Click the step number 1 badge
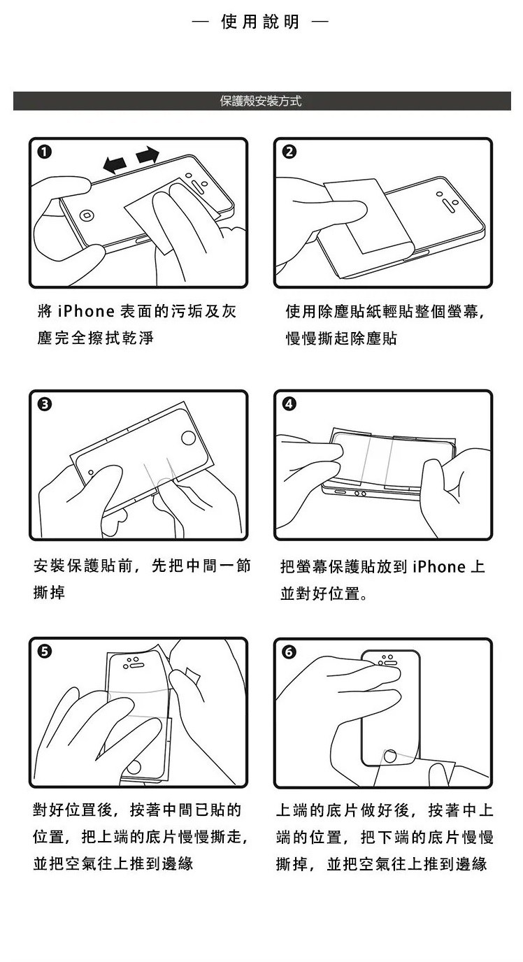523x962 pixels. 44,152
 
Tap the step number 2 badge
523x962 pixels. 289,152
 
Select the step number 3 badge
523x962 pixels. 44,404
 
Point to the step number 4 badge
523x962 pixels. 289,404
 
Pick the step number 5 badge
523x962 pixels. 44,652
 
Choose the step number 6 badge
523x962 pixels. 289,652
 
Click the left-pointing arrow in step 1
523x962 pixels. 115,164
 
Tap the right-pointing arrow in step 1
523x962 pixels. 148,155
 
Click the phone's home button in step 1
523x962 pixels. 87,215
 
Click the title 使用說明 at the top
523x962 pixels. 260,22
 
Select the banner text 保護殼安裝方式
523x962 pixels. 261,101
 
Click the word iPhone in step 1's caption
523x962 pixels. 86,311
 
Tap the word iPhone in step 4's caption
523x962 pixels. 439,566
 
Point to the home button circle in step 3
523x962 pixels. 189,438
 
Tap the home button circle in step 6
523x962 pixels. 390,756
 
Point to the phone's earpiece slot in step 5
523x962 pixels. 136,666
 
